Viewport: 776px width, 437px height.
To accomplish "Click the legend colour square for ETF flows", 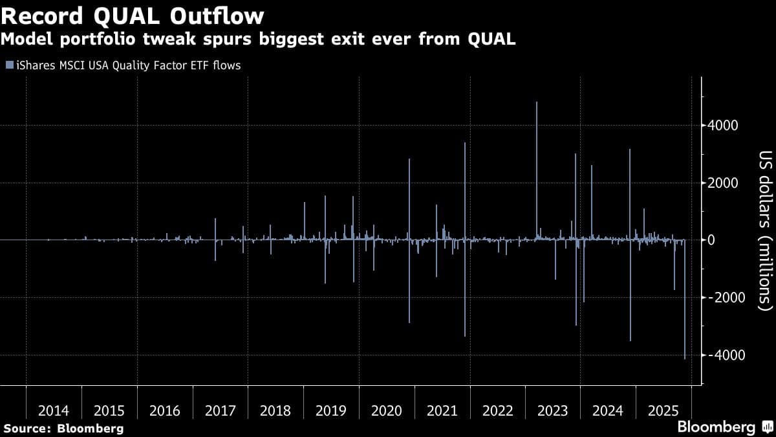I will click(x=8, y=65).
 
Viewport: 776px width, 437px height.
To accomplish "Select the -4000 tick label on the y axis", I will click(x=720, y=355).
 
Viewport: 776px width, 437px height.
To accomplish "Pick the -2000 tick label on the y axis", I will click(x=720, y=298).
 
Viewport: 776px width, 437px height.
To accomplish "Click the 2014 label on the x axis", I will click(x=54, y=411).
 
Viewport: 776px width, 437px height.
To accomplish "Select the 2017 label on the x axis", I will click(x=220, y=411).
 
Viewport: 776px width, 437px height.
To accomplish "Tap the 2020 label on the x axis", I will click(x=386, y=411).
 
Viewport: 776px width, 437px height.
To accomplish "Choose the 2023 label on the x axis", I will click(x=552, y=411).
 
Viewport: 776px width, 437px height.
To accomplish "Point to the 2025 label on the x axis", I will click(x=663, y=411).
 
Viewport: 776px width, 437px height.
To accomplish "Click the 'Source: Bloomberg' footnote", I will click(x=63, y=428).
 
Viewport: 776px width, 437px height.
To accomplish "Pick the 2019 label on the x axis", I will click(x=331, y=411).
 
